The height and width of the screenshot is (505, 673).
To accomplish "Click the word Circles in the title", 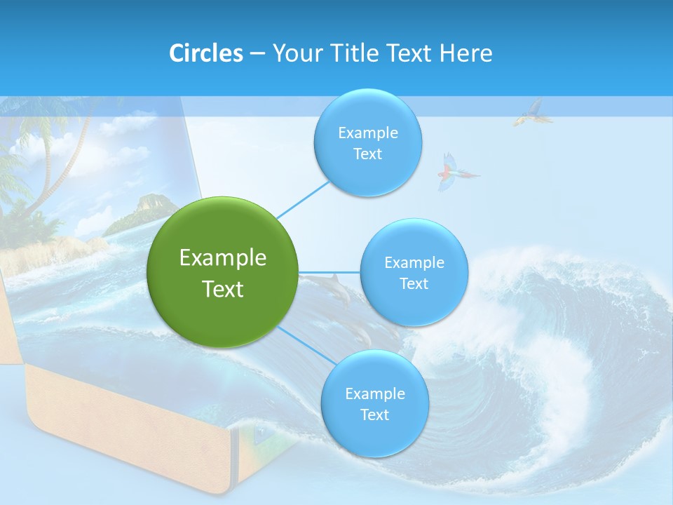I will click(205, 53).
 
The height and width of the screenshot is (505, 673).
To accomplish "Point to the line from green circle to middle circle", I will click(329, 272).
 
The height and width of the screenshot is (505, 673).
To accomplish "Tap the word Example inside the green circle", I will click(223, 258).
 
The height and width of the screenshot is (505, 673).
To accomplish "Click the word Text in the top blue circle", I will click(367, 154).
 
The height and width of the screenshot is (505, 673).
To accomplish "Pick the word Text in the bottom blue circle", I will click(374, 415).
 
